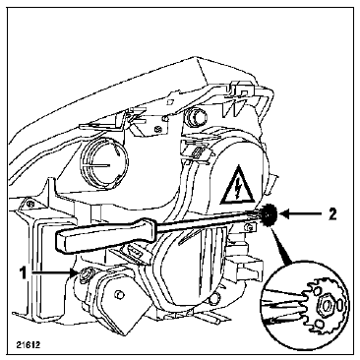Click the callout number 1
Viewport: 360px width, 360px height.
click(x=23, y=272)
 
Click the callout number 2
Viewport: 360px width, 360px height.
click(x=331, y=214)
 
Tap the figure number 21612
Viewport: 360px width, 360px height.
click(x=29, y=345)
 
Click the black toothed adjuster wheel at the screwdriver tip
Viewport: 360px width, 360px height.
click(x=270, y=214)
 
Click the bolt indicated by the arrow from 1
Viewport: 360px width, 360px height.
click(x=87, y=272)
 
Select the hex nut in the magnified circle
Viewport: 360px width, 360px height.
click(x=326, y=306)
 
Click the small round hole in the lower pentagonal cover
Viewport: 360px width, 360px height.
click(x=118, y=295)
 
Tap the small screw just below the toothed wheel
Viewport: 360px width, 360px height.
click(x=250, y=226)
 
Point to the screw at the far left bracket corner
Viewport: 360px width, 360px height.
click(x=30, y=204)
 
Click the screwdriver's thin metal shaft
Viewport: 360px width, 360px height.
click(x=209, y=218)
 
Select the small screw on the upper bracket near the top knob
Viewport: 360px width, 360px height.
click(x=160, y=129)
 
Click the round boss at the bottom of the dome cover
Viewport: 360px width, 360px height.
click(x=214, y=298)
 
